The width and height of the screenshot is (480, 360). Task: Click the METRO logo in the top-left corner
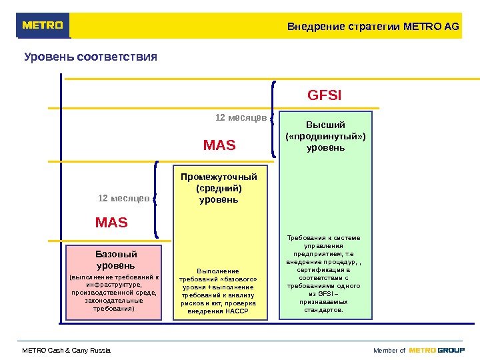coord(43,26)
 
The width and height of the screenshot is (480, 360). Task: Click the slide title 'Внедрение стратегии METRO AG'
coord(373,27)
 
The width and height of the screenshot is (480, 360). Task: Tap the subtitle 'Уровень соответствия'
coord(91,57)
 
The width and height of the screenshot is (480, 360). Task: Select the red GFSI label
coord(324,95)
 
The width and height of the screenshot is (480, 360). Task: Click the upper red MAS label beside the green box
coord(219,145)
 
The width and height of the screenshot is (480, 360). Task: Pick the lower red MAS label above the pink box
coord(111,222)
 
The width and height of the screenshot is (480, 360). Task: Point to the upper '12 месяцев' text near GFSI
coord(241,118)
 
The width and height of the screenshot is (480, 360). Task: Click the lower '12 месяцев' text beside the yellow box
coord(123,198)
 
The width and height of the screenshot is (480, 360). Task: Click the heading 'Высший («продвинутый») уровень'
coord(325,135)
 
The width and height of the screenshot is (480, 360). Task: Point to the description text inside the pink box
coord(115,293)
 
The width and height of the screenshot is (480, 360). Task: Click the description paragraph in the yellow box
coord(219,291)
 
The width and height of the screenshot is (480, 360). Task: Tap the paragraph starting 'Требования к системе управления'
coord(325,273)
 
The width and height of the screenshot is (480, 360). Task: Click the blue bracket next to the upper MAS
coord(275,120)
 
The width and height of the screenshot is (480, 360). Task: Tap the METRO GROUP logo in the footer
coord(437,350)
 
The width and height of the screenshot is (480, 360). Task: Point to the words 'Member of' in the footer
coord(389,351)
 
